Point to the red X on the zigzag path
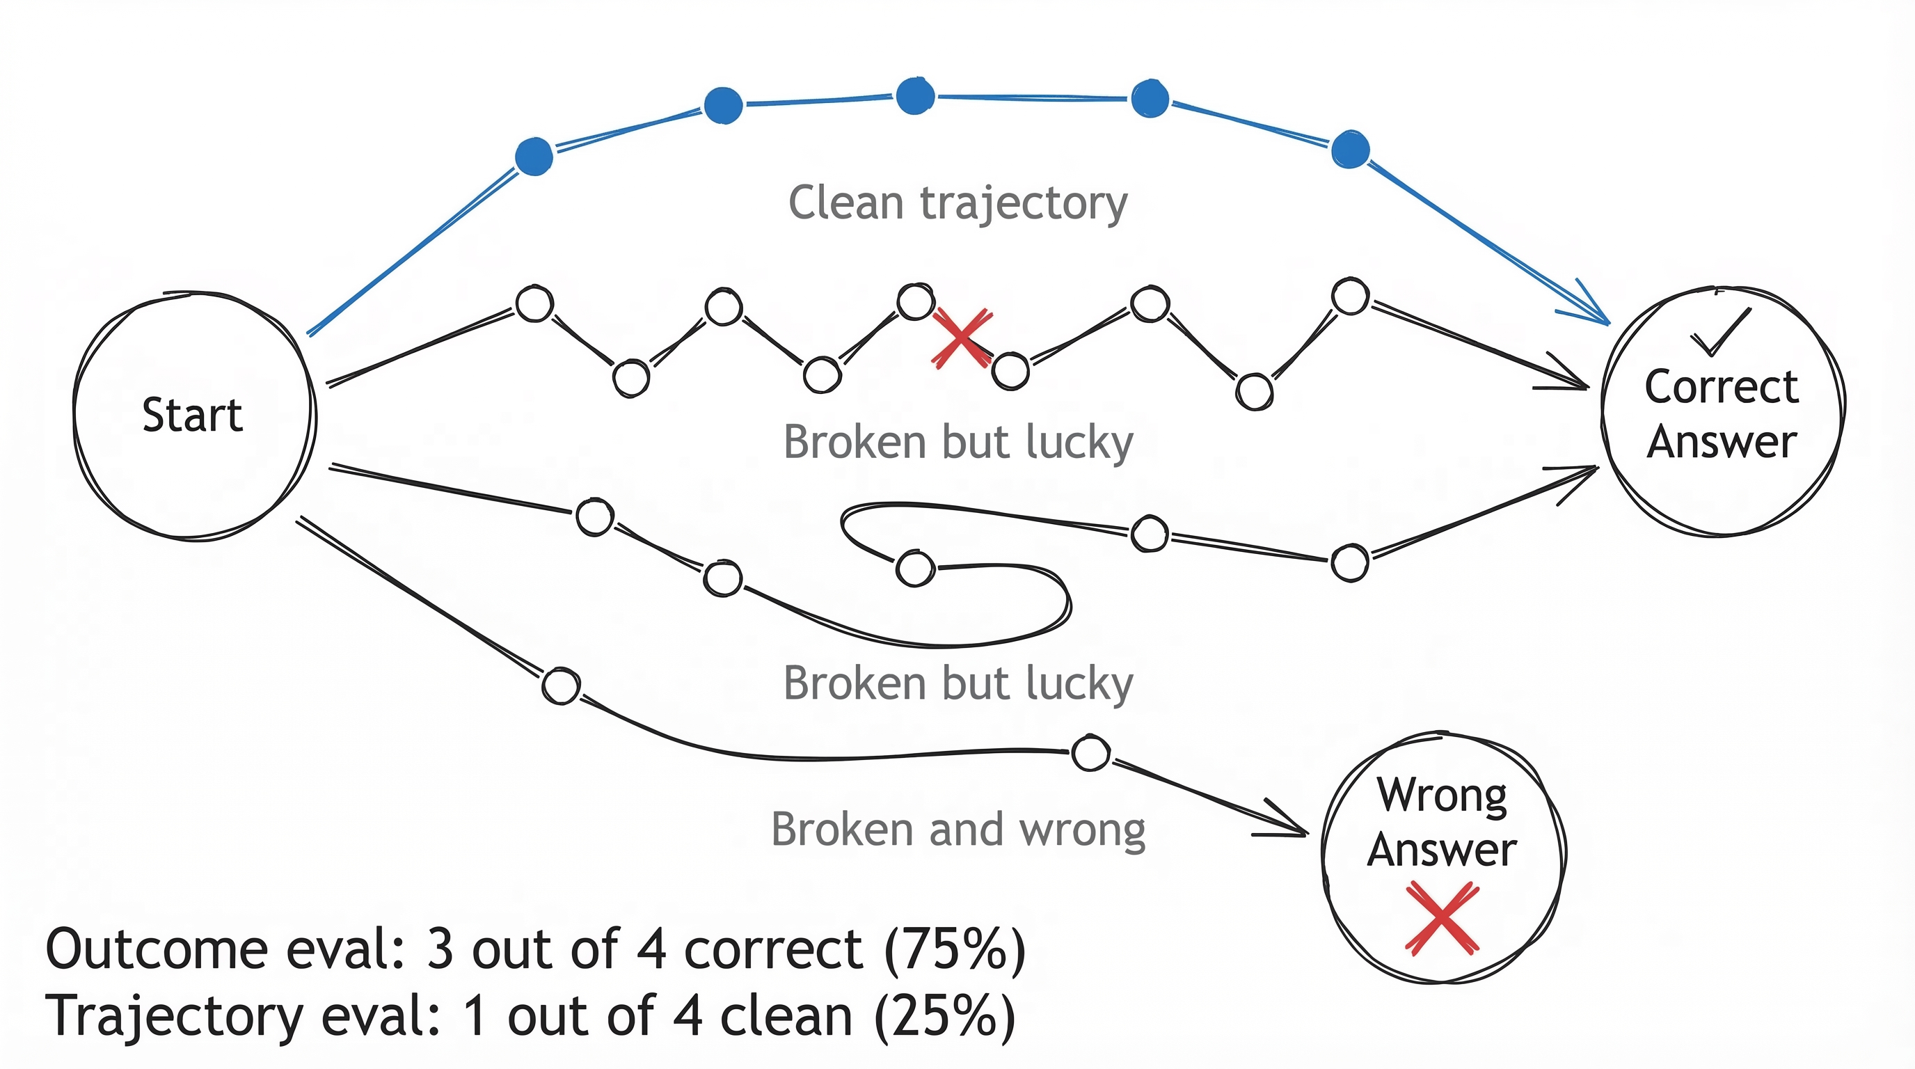(x=961, y=338)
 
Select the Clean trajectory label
(x=957, y=203)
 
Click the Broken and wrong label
(x=957, y=829)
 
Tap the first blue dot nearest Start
(x=534, y=156)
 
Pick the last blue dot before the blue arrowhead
(x=1350, y=150)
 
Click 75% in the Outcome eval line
(x=955, y=950)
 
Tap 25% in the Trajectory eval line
(x=944, y=1017)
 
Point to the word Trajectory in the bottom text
(x=174, y=1017)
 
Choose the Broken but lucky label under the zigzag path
(x=957, y=443)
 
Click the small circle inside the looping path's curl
(x=915, y=569)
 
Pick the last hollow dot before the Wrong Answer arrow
(x=1090, y=752)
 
